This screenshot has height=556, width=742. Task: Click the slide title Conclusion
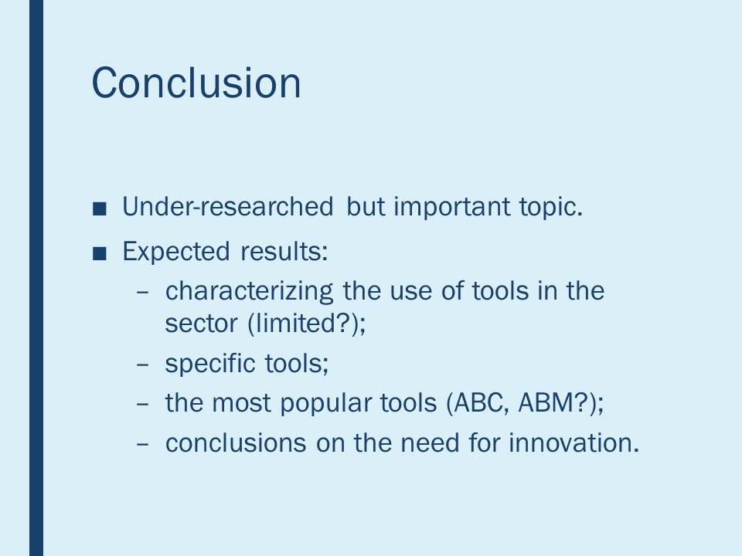[x=196, y=83]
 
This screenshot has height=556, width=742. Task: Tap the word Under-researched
[x=227, y=207]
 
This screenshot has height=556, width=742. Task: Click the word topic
[x=550, y=208]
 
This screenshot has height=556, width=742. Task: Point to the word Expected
[x=176, y=252]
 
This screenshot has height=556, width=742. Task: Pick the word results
[x=284, y=251]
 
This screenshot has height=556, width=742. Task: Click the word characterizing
[x=249, y=292]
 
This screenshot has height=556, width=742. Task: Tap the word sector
[x=201, y=324]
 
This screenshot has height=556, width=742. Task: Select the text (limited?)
[x=307, y=324]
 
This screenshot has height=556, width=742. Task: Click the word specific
[x=209, y=364]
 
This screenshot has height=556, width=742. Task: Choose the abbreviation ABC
[x=478, y=403]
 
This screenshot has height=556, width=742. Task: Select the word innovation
[x=574, y=443]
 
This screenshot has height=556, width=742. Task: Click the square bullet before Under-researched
[x=100, y=208]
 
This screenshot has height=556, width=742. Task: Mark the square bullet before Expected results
[x=100, y=253]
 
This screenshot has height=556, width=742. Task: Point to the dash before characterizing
[x=142, y=292]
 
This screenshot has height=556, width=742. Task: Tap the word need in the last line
[x=430, y=443]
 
